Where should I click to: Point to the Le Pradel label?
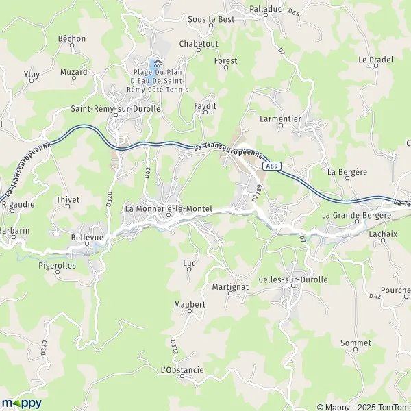point(375,60)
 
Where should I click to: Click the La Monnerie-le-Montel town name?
point(169,208)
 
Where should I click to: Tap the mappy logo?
point(21,403)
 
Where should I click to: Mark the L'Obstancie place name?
point(182,370)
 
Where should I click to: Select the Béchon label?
point(72,38)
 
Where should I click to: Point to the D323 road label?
point(174,347)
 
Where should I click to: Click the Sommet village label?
point(356,342)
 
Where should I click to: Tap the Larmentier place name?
point(281,119)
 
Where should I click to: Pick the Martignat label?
point(229,286)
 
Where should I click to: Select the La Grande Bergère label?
point(356,215)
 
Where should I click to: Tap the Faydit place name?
point(205,106)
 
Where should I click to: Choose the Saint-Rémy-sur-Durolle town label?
point(116,108)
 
